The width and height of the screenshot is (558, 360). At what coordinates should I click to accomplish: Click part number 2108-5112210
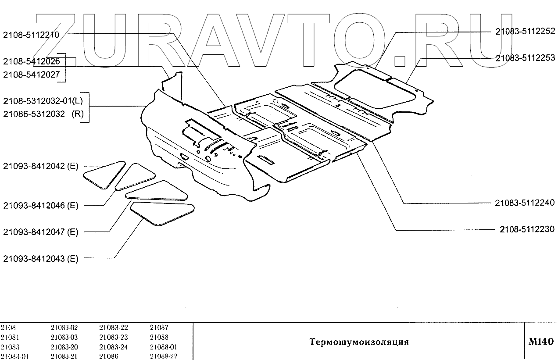[x=31, y=34]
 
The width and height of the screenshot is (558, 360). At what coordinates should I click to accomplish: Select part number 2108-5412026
[x=31, y=61]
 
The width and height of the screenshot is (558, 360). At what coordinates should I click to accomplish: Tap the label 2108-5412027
[x=31, y=75]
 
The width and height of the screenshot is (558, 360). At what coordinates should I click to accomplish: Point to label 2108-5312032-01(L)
[x=42, y=101]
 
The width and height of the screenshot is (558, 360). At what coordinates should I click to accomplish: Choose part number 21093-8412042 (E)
[x=40, y=166]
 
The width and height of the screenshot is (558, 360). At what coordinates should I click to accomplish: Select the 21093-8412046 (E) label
[x=40, y=205]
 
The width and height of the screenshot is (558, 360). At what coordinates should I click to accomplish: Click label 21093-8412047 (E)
[x=40, y=232]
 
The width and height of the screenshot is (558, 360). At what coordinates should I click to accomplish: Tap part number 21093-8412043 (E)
[x=40, y=259]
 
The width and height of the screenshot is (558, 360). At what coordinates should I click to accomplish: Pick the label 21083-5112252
[x=525, y=31]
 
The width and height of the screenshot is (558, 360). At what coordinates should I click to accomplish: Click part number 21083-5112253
[x=525, y=57]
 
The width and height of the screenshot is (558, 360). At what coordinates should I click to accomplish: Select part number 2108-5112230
[x=527, y=229]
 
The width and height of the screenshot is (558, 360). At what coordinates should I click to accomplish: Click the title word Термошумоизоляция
[x=359, y=342]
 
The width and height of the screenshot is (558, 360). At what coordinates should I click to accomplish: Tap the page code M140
[x=541, y=342]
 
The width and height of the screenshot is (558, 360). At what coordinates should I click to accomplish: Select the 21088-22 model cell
[x=163, y=356]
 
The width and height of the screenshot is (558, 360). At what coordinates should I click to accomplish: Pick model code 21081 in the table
[x=9, y=337]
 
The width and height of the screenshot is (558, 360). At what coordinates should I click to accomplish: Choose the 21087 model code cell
[x=159, y=328]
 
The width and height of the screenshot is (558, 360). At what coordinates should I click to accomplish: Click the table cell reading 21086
[x=108, y=356]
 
